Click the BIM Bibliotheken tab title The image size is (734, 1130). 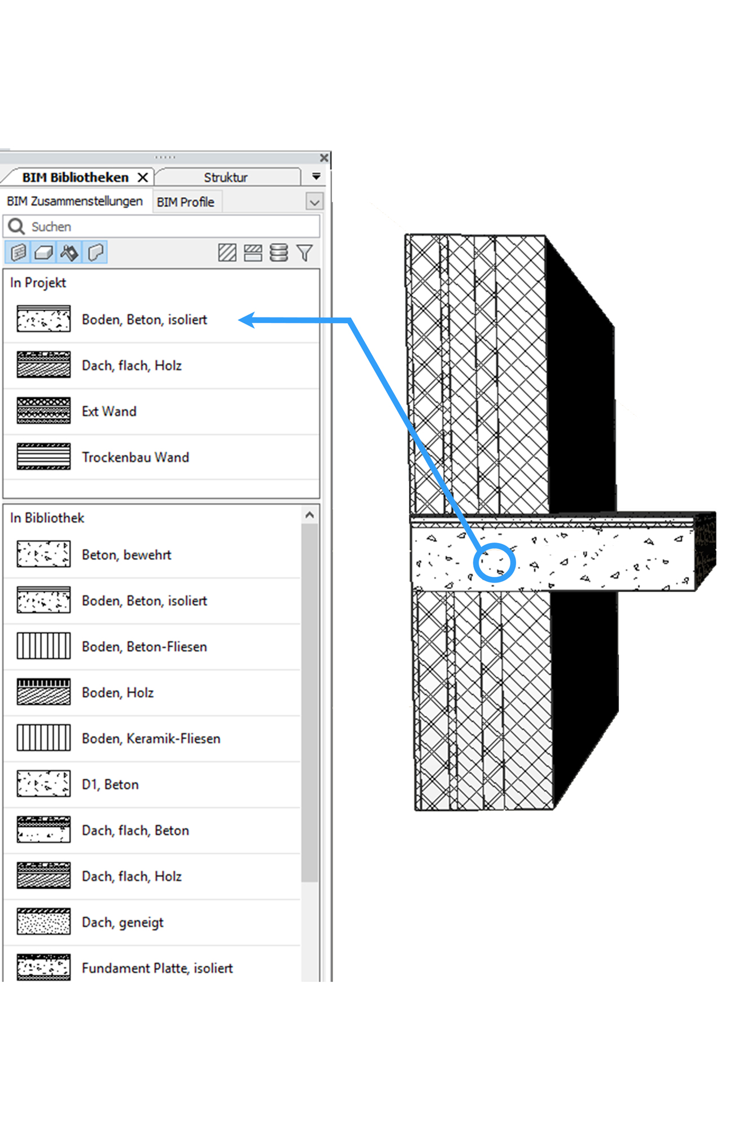[75, 177]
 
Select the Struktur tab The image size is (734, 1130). [226, 177]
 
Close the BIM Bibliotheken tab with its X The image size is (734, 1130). [143, 177]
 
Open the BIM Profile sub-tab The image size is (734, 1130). [185, 202]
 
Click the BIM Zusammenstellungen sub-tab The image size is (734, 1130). [75, 201]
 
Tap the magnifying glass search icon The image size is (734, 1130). [16, 227]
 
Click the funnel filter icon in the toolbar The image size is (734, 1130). [305, 253]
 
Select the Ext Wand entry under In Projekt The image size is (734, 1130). [109, 411]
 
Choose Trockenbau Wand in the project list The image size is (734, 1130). [136, 457]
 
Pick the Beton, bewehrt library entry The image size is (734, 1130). [126, 555]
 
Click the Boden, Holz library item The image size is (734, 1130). [117, 693]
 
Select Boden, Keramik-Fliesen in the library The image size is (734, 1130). [151, 738]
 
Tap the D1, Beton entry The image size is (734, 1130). [110, 785]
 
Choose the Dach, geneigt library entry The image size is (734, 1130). [123, 923]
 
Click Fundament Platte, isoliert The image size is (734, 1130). [157, 968]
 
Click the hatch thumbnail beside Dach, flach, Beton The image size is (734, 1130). [43, 829]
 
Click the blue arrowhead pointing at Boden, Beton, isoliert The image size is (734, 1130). [247, 320]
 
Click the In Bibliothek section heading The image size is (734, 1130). [47, 518]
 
